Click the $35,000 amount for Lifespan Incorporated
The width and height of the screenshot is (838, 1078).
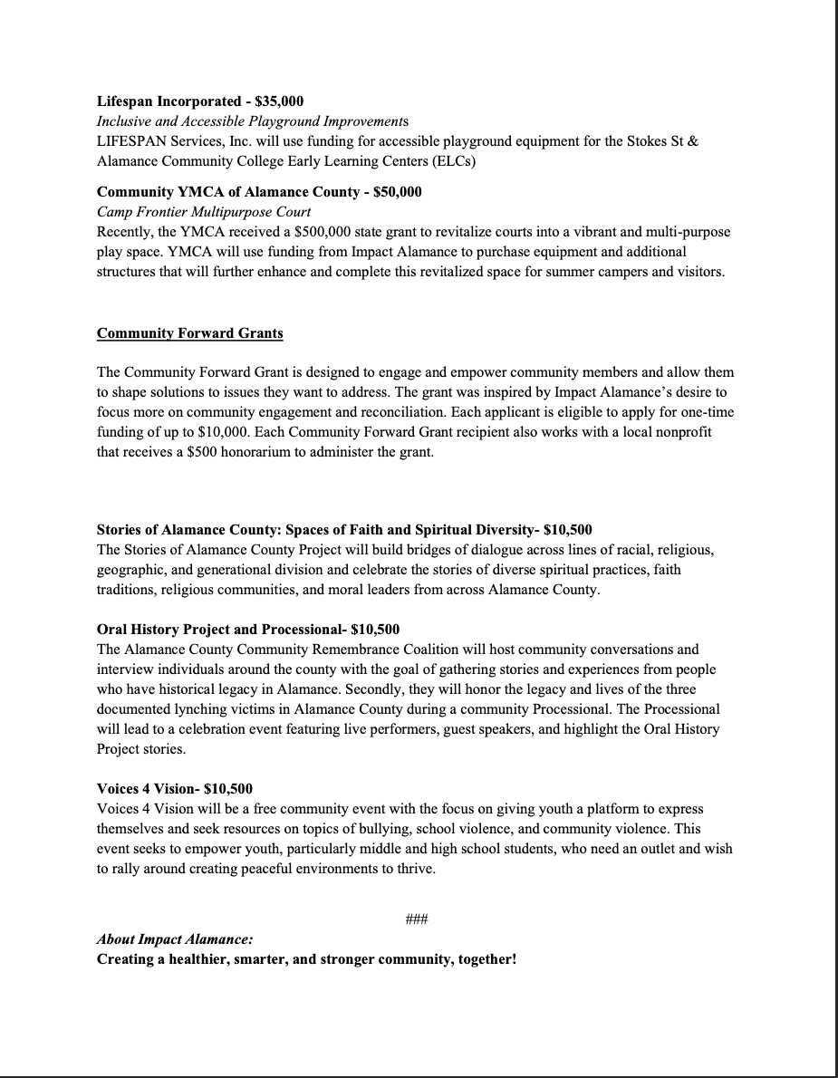(x=280, y=101)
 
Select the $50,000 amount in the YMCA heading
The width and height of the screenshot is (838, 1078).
(x=398, y=192)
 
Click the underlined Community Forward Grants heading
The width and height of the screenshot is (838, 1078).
(x=189, y=333)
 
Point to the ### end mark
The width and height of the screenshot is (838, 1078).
(x=417, y=920)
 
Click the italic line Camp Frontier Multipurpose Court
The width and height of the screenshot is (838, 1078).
(x=203, y=212)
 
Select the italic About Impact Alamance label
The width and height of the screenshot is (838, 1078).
(x=175, y=939)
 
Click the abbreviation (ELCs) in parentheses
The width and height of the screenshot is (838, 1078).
(x=453, y=161)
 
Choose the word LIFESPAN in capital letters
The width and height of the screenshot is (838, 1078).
(x=130, y=141)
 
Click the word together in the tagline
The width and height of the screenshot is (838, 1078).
(x=477, y=959)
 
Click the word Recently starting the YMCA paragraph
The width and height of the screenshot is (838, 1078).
(x=124, y=232)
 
